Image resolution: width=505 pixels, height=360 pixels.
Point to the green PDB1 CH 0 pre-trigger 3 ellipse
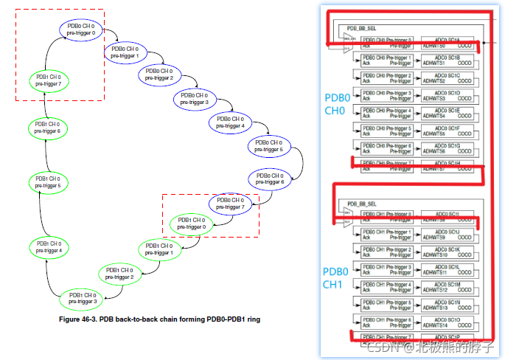click(81, 298)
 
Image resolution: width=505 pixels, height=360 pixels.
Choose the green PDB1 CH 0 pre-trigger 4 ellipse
click(48, 247)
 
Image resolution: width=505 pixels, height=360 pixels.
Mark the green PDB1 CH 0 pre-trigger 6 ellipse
click(48, 127)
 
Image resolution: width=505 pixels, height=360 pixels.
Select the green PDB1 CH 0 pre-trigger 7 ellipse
click(48, 80)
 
